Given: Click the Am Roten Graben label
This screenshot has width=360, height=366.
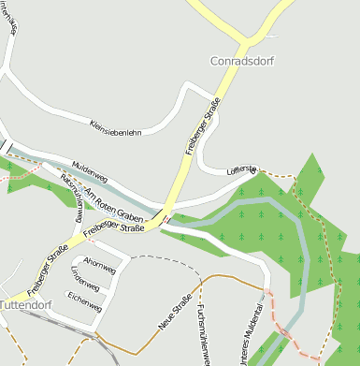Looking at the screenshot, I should (x=116, y=204).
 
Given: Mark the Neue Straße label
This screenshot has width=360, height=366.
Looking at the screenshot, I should (x=175, y=313).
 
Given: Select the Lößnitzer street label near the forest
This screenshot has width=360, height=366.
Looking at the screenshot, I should (x=241, y=169).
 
